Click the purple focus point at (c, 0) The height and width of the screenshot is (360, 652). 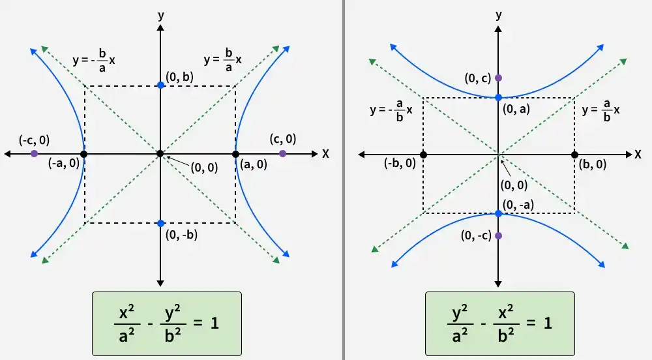click(283, 154)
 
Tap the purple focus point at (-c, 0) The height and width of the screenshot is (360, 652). click(34, 154)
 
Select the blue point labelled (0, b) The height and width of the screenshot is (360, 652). click(161, 85)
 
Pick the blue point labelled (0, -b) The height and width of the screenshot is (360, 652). click(161, 224)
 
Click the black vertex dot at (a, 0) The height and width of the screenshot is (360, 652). click(236, 154)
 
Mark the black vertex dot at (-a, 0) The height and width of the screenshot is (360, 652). click(83, 154)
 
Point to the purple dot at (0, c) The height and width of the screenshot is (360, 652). click(499, 78)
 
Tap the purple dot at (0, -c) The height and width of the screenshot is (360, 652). click(499, 235)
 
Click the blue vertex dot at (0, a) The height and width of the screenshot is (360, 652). click(499, 98)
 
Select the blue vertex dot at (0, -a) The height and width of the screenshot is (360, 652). click(499, 214)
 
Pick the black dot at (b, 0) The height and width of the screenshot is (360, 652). click(574, 155)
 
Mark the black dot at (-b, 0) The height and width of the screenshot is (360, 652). click(423, 155)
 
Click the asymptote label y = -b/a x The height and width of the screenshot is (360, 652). click(94, 61)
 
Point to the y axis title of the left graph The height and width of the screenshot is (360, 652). click(161, 16)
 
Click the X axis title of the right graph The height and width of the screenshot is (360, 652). click(638, 155)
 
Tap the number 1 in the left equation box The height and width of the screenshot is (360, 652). click(215, 323)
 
